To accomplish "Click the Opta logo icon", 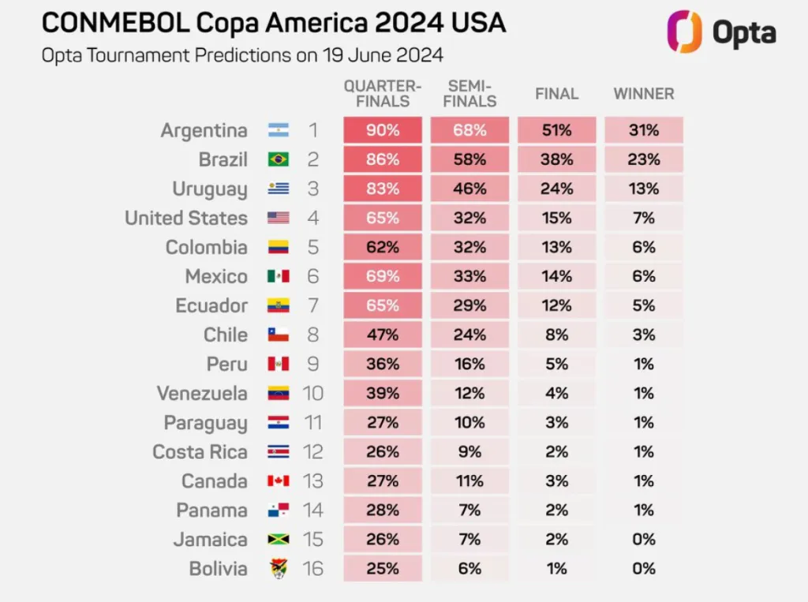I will [x=684, y=32].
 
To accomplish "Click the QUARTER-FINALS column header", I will [x=382, y=93].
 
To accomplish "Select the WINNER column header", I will [x=644, y=94].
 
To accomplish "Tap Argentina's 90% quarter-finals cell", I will [x=383, y=130].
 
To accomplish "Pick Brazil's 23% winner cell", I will [x=644, y=159].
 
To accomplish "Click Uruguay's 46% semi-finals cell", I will [x=469, y=189].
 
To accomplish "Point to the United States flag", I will [x=278, y=219].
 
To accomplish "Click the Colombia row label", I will [x=206, y=247].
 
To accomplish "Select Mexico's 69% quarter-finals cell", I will [x=383, y=276].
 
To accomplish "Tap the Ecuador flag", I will [x=278, y=305].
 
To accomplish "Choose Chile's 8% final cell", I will [x=556, y=335].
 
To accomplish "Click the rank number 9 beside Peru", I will [x=313, y=364].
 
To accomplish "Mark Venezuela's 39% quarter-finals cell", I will [x=383, y=393].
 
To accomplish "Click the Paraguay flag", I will [x=278, y=423].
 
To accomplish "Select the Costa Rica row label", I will [x=200, y=452].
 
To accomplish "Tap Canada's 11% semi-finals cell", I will [x=469, y=481].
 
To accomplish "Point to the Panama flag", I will [x=278, y=510].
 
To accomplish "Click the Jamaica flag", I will [x=278, y=540].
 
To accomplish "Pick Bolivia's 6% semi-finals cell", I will [x=469, y=569].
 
